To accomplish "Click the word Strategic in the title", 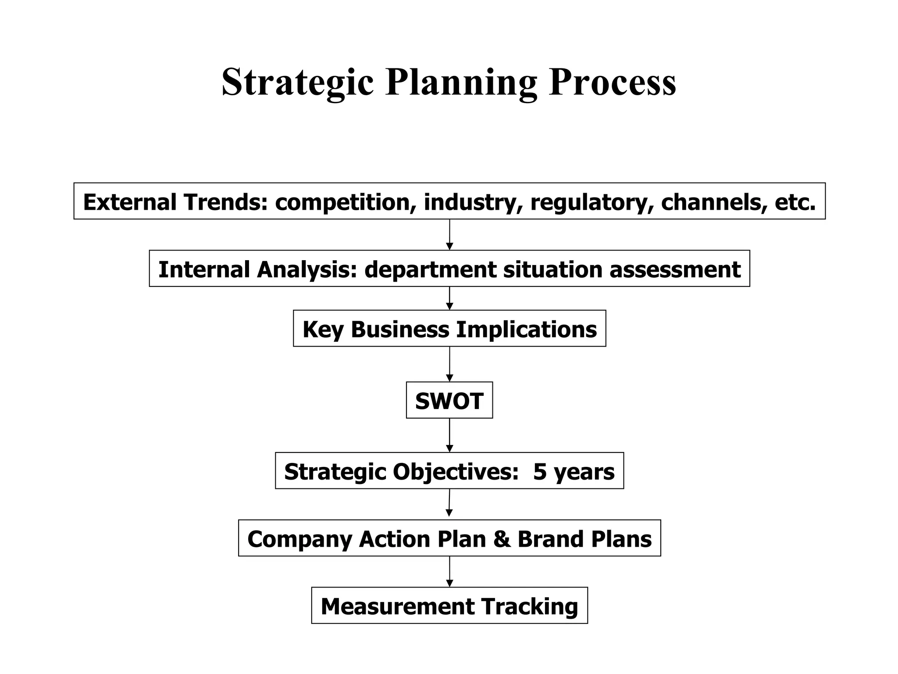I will pyautogui.click(x=297, y=82).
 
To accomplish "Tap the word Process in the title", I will pyautogui.click(x=612, y=82).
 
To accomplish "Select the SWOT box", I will pyautogui.click(x=449, y=401).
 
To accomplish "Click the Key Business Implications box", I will pyautogui.click(x=449, y=329).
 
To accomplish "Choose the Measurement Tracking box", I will pyautogui.click(x=449, y=606).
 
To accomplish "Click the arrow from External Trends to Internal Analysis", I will pyautogui.click(x=449, y=235).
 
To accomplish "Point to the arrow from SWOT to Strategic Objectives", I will pyautogui.click(x=449, y=435).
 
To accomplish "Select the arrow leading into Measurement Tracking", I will pyautogui.click(x=449, y=572).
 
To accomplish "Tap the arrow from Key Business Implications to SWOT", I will pyautogui.click(x=449, y=364).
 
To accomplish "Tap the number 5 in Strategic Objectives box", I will pyautogui.click(x=539, y=472).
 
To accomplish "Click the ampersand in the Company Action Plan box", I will pyautogui.click(x=502, y=539).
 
